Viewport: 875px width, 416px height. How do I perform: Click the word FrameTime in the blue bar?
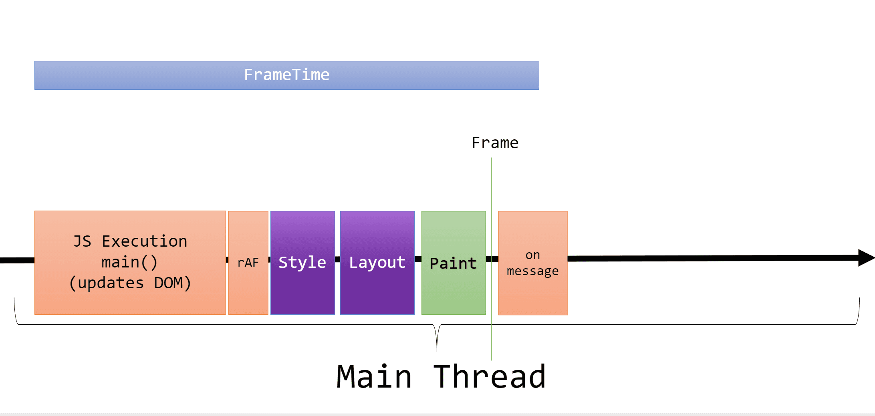pos(287,75)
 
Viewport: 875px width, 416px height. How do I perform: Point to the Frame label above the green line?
pos(495,143)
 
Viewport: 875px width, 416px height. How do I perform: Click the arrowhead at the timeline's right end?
pos(865,258)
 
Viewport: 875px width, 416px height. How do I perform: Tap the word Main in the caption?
pos(374,377)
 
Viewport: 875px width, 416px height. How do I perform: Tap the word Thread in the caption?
pos(490,377)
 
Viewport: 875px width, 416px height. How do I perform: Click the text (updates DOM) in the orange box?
pos(130,283)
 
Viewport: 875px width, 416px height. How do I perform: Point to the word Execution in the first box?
pos(145,241)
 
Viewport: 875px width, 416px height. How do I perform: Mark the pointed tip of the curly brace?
pos(437,350)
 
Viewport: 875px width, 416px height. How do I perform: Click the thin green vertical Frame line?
pos(491,180)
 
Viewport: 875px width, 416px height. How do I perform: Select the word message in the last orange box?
pos(532,271)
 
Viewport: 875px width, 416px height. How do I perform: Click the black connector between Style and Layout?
pos(337,259)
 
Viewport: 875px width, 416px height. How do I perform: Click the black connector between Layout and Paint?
pos(418,259)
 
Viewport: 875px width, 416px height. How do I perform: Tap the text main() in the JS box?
pos(129,262)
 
